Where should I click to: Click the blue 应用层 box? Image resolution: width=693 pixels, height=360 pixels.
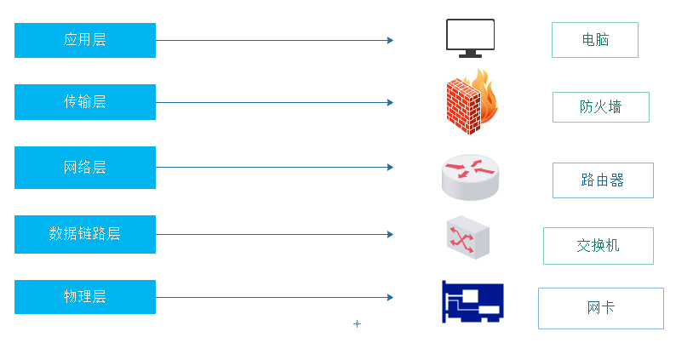pos(85,40)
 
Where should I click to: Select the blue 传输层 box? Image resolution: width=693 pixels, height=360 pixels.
pos(85,102)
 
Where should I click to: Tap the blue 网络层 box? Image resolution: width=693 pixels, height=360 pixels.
pos(85,167)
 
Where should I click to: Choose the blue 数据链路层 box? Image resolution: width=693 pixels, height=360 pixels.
pos(85,234)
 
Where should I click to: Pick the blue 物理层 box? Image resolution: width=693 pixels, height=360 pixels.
pos(85,297)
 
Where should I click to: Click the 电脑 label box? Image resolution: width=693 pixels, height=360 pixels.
pos(594,40)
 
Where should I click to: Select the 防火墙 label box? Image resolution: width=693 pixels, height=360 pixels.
pos(600,107)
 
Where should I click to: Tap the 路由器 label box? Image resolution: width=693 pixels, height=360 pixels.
pos(603,180)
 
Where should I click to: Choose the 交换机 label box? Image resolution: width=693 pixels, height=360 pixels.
pos(598,246)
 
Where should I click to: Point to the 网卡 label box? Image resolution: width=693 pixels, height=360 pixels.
pos(600,308)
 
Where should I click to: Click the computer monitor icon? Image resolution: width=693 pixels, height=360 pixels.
pos(470,37)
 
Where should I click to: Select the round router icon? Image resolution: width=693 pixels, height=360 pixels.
pos(471,175)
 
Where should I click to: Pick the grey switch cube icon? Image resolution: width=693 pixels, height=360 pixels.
pos(467,238)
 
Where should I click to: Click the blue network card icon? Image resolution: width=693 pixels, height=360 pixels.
pos(472,302)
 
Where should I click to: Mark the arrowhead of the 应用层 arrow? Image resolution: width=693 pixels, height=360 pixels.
pos(390,40)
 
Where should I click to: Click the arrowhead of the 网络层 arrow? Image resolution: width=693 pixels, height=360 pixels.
pos(390,167)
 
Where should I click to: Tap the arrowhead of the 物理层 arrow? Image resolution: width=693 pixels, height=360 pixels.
pos(390,297)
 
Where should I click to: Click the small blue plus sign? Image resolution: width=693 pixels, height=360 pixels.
pos(357,324)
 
